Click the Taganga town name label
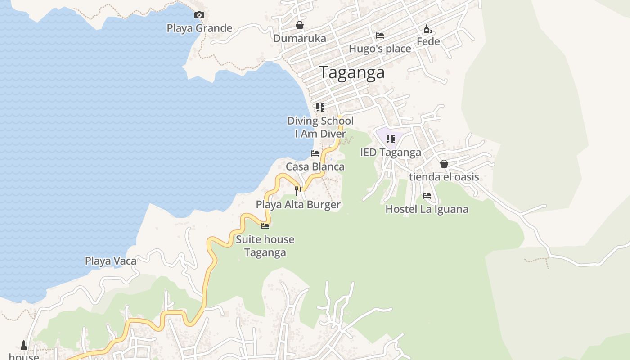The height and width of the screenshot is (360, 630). pos(352,72)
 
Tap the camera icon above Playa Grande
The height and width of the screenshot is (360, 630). pos(199,15)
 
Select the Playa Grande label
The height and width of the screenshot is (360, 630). pos(199,28)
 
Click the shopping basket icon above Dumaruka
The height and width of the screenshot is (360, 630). pos(299,26)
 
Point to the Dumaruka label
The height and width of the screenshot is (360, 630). pos(300,39)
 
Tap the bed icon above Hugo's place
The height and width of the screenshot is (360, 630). pos(380,36)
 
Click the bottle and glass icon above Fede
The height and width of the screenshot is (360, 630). pos(428,30)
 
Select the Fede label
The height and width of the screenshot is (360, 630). pos(428,42)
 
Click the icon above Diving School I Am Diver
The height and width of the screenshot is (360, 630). pos(320,108)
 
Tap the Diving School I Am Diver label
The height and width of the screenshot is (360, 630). pos(320,127)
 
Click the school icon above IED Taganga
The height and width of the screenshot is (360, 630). pos(390,139)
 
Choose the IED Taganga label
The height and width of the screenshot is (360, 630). pos(391,153)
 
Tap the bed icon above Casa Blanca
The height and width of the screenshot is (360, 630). pos(315,153)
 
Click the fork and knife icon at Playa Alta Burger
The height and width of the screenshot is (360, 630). pos(298,191)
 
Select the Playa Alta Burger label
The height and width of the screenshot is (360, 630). pos(298,205)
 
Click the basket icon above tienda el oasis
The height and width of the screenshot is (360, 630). pos(444,164)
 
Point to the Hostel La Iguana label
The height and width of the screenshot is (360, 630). pos(427,209)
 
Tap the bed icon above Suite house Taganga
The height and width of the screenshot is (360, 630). pos(265,226)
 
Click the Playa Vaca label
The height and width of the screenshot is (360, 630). pos(111,261)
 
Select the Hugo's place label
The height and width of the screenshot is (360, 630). pos(380,49)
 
